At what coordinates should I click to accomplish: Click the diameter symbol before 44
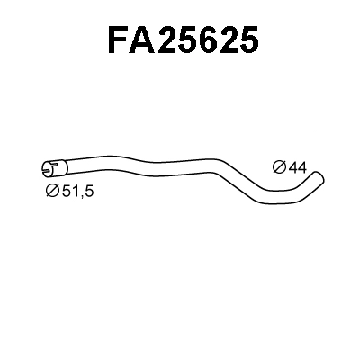278,166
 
